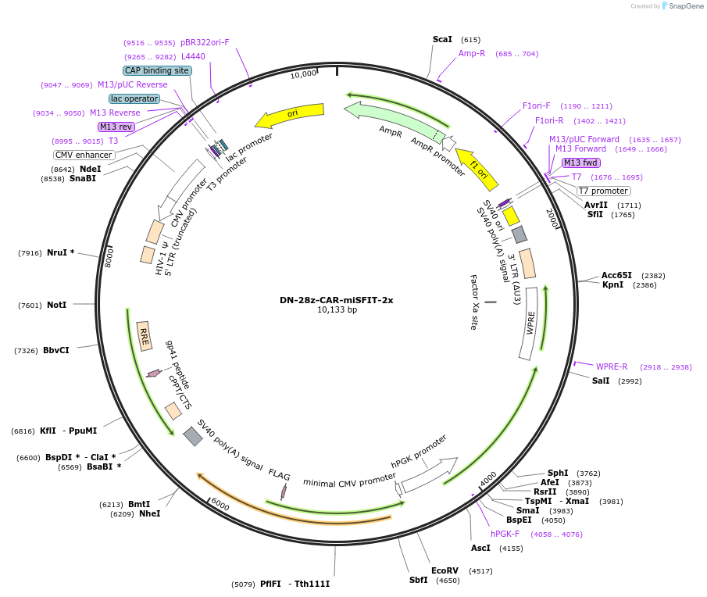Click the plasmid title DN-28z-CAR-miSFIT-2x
(x=337, y=300)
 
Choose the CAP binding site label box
(x=157, y=70)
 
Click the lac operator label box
(x=134, y=99)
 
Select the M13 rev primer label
(x=116, y=127)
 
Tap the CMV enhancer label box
(x=84, y=155)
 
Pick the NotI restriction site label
(x=57, y=305)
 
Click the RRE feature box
(x=144, y=335)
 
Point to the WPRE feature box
(x=532, y=323)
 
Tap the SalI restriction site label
(x=601, y=381)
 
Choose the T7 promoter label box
(x=604, y=191)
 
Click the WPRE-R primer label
(x=612, y=366)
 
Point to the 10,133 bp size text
(x=337, y=310)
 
